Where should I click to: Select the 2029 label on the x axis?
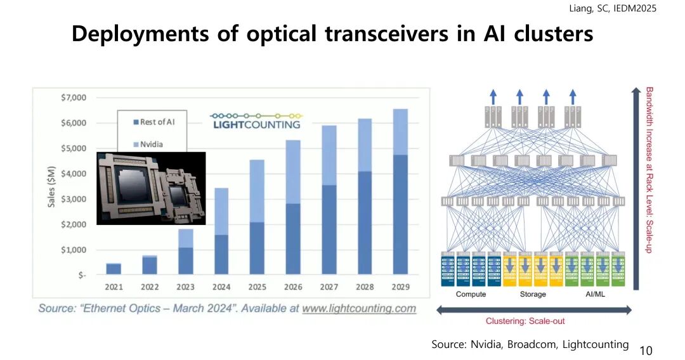click(400, 287)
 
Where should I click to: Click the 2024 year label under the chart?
click(221, 287)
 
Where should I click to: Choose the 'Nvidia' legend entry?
click(149, 144)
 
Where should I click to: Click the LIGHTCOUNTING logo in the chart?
click(256, 121)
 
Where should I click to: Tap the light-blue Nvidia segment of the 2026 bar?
click(293, 171)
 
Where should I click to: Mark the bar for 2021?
click(114, 269)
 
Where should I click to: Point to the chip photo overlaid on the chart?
click(151, 188)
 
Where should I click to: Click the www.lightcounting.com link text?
click(359, 309)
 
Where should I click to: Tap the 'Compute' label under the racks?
click(471, 294)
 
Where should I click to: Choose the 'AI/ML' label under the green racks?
click(597, 294)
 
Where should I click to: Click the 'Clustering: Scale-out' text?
click(525, 321)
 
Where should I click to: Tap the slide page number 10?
click(646, 350)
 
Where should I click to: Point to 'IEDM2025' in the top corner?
click(635, 8)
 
